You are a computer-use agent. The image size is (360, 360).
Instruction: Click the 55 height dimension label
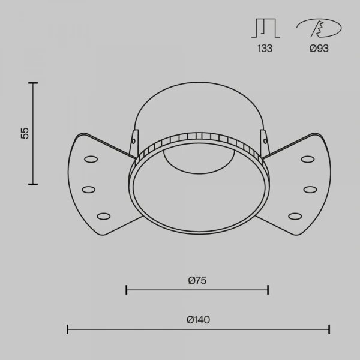pyautogui.click(x=25, y=133)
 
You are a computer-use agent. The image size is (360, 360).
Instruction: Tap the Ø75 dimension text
pyautogui.click(x=197, y=281)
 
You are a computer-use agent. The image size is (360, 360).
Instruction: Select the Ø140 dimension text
pyautogui.click(x=198, y=320)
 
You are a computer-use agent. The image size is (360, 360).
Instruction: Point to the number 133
pyautogui.click(x=265, y=49)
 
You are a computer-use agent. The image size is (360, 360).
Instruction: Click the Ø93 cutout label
pyautogui.click(x=319, y=49)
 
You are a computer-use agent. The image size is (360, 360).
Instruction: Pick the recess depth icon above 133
pyautogui.click(x=266, y=28)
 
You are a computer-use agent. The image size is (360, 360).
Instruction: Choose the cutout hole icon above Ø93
pyautogui.click(x=319, y=28)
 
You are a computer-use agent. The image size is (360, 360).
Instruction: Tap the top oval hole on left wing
pyautogui.click(x=91, y=159)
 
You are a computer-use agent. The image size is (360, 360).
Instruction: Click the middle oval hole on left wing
pyautogui.click(x=89, y=190)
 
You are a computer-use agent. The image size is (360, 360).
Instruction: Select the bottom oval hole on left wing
pyautogui.click(x=104, y=216)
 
